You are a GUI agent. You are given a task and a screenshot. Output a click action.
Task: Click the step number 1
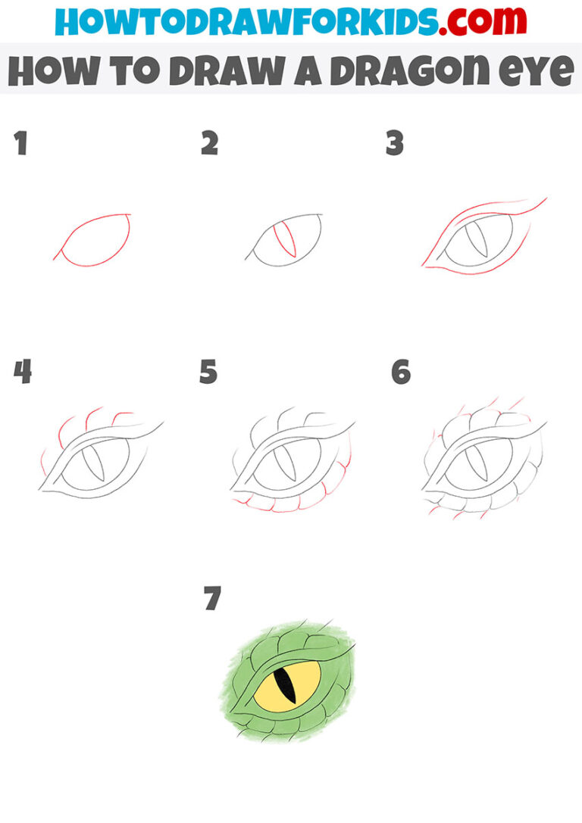coord(21,144)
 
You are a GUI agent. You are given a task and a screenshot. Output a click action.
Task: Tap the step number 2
coord(209,144)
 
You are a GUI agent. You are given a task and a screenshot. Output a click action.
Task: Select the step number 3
coord(394,144)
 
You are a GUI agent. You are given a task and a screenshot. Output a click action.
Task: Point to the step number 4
coord(23,372)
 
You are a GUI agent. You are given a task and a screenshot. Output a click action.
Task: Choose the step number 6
coord(401,372)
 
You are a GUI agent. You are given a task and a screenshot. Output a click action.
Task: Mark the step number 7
coord(212,599)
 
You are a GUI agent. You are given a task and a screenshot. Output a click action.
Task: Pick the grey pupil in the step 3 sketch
coord(476,242)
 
